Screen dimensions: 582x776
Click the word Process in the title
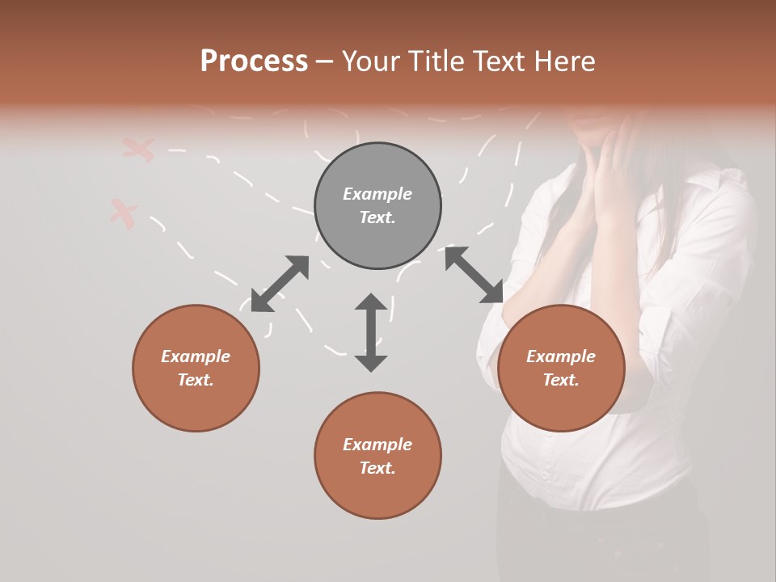(254, 61)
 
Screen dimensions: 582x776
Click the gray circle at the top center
(377, 206)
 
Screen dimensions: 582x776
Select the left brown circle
(196, 368)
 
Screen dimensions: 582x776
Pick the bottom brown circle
(377, 455)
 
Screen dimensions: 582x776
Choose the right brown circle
(561, 368)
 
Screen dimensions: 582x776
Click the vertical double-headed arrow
(371, 332)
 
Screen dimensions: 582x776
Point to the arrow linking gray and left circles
(280, 284)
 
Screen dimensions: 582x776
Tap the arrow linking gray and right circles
(474, 275)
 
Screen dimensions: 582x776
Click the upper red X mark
(139, 149)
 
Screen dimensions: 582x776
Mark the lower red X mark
(124, 213)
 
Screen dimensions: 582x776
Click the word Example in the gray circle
(377, 194)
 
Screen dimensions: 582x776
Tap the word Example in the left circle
(196, 356)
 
